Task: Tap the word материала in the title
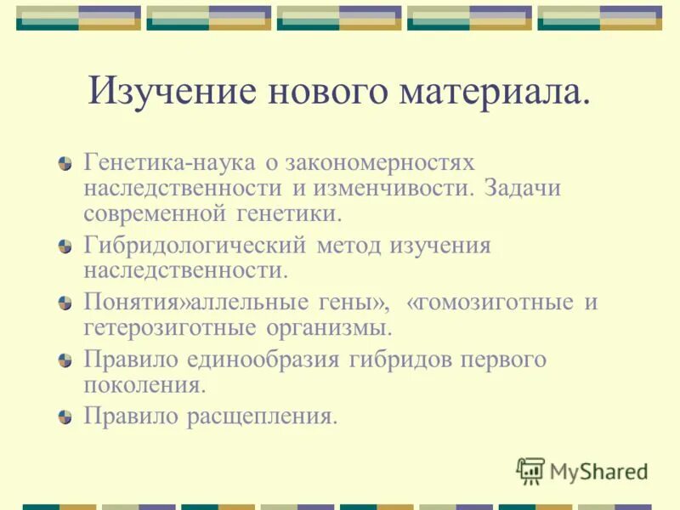[x=494, y=91]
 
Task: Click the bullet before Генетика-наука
[x=65, y=163]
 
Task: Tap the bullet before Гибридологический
[x=65, y=247]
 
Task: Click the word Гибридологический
[x=194, y=246]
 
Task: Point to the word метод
[x=349, y=246]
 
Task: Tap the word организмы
[x=335, y=327]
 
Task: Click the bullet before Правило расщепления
[x=65, y=417]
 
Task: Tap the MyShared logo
[x=582, y=471]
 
